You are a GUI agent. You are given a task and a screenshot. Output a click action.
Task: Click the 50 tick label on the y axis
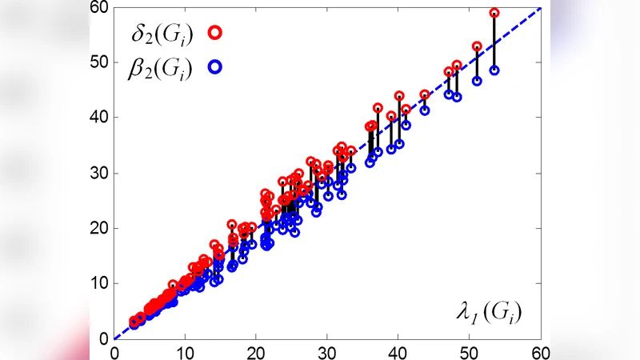(x=98, y=62)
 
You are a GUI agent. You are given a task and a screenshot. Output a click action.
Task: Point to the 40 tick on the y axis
(x=98, y=117)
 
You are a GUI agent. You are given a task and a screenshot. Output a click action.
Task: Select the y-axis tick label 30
(x=98, y=173)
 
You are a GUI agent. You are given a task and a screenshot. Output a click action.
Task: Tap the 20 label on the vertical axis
(x=98, y=228)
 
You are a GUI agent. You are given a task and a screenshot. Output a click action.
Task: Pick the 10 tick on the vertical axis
(x=98, y=283)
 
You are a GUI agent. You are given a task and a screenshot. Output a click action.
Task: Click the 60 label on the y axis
(x=98, y=7)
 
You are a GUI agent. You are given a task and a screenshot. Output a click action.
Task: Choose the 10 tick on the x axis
(x=186, y=351)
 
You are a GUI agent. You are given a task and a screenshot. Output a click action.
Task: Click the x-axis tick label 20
(x=257, y=351)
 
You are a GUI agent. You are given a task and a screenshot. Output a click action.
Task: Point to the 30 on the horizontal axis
(x=328, y=351)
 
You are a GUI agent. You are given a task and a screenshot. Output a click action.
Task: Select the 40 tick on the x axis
(x=399, y=351)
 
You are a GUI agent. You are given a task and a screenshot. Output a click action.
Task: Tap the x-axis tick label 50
(x=470, y=351)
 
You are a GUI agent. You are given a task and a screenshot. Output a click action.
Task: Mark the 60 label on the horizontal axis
(x=540, y=351)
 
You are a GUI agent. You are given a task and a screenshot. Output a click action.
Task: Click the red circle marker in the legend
(x=215, y=33)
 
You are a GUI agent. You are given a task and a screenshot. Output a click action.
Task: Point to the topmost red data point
(x=494, y=13)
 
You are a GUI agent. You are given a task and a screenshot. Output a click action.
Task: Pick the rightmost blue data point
(x=494, y=70)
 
